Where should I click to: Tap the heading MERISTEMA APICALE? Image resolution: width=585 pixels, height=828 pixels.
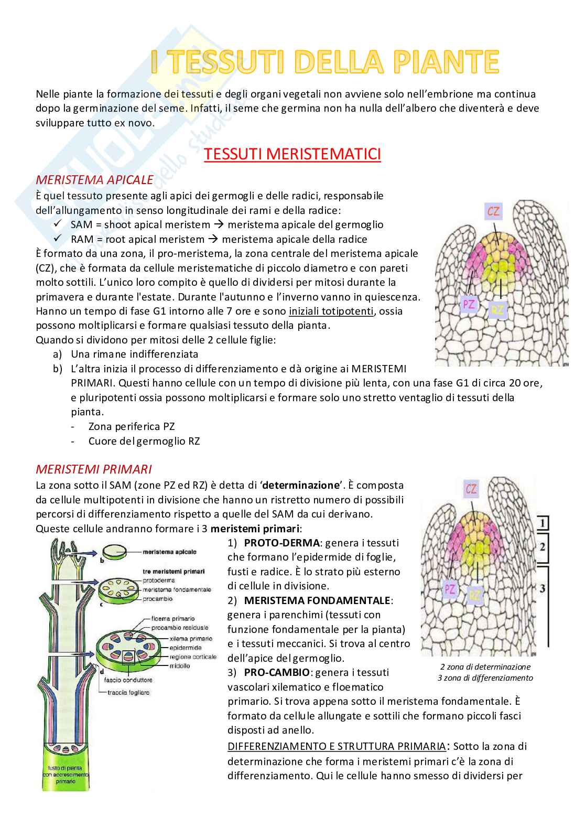point(94,180)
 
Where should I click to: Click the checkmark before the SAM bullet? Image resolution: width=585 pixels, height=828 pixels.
point(58,224)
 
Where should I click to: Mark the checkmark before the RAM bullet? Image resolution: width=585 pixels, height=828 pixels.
point(58,239)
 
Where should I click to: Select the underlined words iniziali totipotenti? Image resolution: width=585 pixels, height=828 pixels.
point(331,311)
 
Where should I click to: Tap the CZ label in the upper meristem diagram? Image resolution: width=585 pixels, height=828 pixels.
point(493,212)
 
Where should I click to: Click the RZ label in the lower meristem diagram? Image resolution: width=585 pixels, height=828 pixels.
point(475,595)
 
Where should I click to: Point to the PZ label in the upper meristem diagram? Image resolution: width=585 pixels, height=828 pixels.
point(468,304)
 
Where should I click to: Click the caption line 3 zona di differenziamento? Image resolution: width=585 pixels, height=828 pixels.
point(485,678)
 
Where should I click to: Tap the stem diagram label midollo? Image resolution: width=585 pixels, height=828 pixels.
point(179,666)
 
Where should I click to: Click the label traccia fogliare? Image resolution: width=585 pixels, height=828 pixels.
point(128,692)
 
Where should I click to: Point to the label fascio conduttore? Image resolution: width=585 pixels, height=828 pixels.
point(128,680)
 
